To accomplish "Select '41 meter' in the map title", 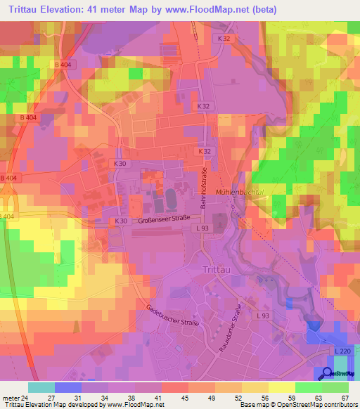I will click(x=105, y=9).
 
